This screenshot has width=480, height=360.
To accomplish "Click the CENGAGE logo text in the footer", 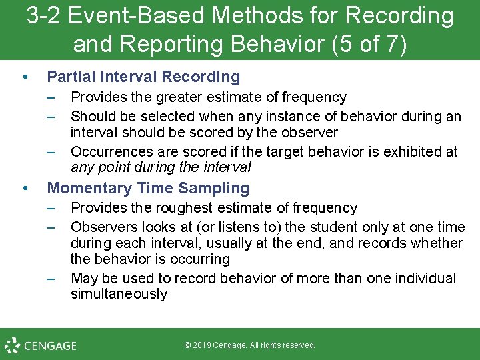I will point(51,346).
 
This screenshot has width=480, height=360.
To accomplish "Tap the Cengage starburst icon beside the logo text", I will point(13,345).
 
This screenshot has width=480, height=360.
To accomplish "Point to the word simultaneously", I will point(119,294).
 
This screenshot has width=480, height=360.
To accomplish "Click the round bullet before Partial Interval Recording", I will point(25,78).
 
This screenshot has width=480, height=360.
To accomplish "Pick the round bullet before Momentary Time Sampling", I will point(25,189).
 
